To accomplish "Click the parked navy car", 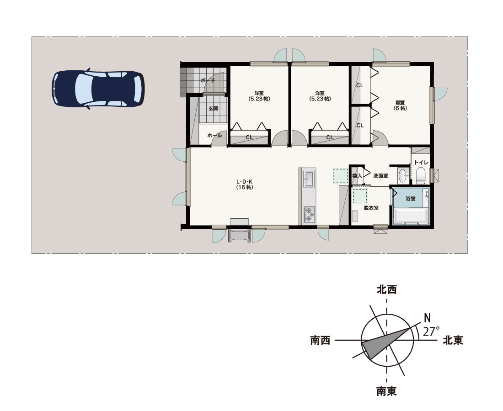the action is (98, 89).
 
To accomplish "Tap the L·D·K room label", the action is (245, 184).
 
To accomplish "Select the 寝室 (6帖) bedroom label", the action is (400, 105).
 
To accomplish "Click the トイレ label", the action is (421, 163).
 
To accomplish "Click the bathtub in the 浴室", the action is (411, 216).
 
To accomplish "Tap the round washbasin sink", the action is (403, 175).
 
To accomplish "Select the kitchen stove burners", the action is (309, 215).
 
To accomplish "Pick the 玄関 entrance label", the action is (214, 109).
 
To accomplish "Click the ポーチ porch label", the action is (208, 80).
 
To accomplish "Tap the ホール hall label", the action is (214, 136).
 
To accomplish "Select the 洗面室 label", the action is (380, 175).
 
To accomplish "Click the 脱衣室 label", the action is (371, 208).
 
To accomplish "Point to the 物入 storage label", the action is (357, 175).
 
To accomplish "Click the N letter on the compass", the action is (427, 318).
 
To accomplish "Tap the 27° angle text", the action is (431, 331).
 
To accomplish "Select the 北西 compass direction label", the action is (386, 290).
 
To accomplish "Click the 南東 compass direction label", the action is (386, 391).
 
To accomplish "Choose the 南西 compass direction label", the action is (320, 340).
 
